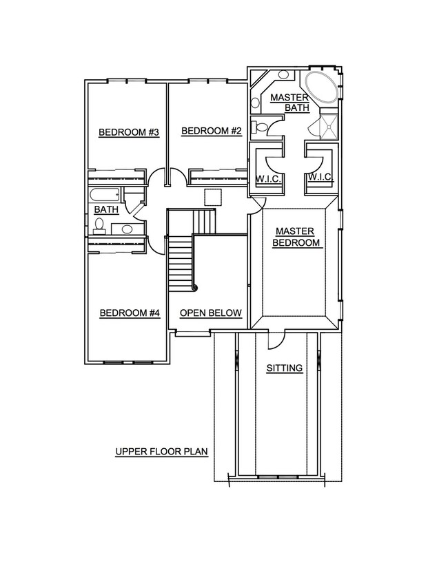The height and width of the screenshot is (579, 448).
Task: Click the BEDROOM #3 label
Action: tap(129, 132)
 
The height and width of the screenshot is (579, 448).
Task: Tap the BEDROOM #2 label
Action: tap(212, 131)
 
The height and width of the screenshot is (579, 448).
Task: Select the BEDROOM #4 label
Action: tap(130, 313)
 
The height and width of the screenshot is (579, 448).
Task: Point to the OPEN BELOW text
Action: tap(211, 313)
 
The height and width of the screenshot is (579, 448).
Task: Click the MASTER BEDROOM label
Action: tap(296, 237)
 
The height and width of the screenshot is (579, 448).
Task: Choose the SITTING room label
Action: tap(285, 368)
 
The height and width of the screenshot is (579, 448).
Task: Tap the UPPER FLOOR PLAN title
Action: tap(161, 452)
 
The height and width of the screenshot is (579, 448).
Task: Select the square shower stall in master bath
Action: tap(329, 127)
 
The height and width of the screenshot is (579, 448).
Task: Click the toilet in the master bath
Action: tap(259, 127)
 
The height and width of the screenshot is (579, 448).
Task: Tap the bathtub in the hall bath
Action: tap(105, 196)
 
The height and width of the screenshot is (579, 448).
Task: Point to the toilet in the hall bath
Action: tap(99, 226)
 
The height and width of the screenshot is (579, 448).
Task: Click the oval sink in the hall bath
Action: tap(127, 229)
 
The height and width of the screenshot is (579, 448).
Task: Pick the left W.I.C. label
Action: tap(269, 178)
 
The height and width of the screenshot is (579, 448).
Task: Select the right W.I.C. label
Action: tap(320, 177)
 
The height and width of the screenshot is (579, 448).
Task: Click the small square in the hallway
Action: tap(213, 197)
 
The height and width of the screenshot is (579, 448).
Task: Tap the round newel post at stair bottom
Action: tap(195, 288)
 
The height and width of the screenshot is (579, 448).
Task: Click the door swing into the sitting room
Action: tap(276, 340)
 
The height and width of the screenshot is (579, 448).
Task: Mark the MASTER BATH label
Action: tap(290, 103)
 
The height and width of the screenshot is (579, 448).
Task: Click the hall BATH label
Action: tap(106, 209)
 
